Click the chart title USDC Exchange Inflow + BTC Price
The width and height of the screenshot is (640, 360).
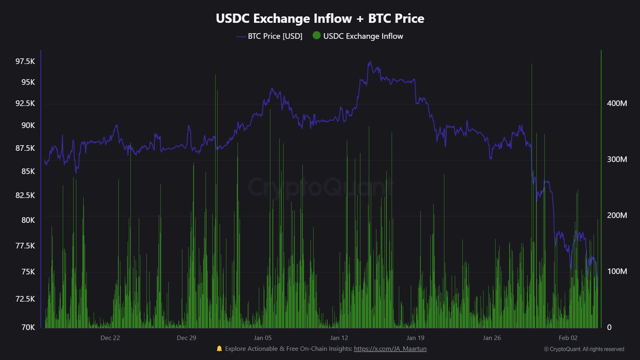[320, 18]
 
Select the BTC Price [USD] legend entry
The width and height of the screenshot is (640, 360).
[275, 36]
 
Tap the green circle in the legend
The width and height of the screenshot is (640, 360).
[316, 36]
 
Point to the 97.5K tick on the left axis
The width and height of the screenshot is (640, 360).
[25, 61]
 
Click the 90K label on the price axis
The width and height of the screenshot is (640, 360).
[28, 125]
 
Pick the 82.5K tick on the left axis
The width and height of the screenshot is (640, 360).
[25, 195]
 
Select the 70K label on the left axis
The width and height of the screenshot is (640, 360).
[28, 327]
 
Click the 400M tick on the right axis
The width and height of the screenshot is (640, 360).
[617, 103]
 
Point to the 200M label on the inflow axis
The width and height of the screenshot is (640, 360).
[617, 215]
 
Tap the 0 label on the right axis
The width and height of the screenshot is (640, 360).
[609, 327]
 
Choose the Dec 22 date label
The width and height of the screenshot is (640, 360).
[110, 338]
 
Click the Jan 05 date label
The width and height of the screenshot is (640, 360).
[262, 338]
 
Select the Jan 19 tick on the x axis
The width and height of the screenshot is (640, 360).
[415, 338]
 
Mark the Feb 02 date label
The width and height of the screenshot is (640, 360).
[568, 338]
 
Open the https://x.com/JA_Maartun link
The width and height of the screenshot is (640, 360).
[390, 349]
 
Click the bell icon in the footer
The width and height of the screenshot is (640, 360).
[219, 348]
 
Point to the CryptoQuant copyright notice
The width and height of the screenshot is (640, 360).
[584, 349]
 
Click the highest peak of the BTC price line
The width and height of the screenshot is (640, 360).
[370, 62]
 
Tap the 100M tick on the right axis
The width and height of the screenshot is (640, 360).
[617, 271]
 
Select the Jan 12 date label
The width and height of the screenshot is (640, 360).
[339, 338]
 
